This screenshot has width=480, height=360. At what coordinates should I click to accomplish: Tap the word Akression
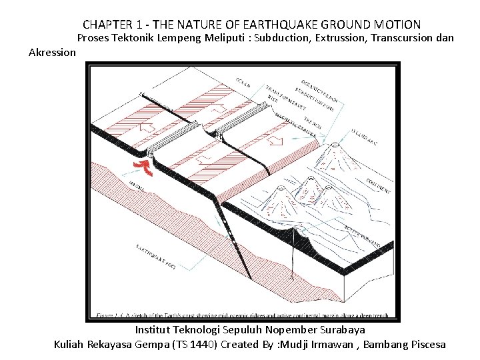pos(53,51)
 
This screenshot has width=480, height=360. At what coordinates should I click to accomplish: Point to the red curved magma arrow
pos(143,167)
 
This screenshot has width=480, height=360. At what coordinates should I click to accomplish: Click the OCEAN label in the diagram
pos(243,85)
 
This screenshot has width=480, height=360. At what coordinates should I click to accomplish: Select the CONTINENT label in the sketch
pos(377,186)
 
